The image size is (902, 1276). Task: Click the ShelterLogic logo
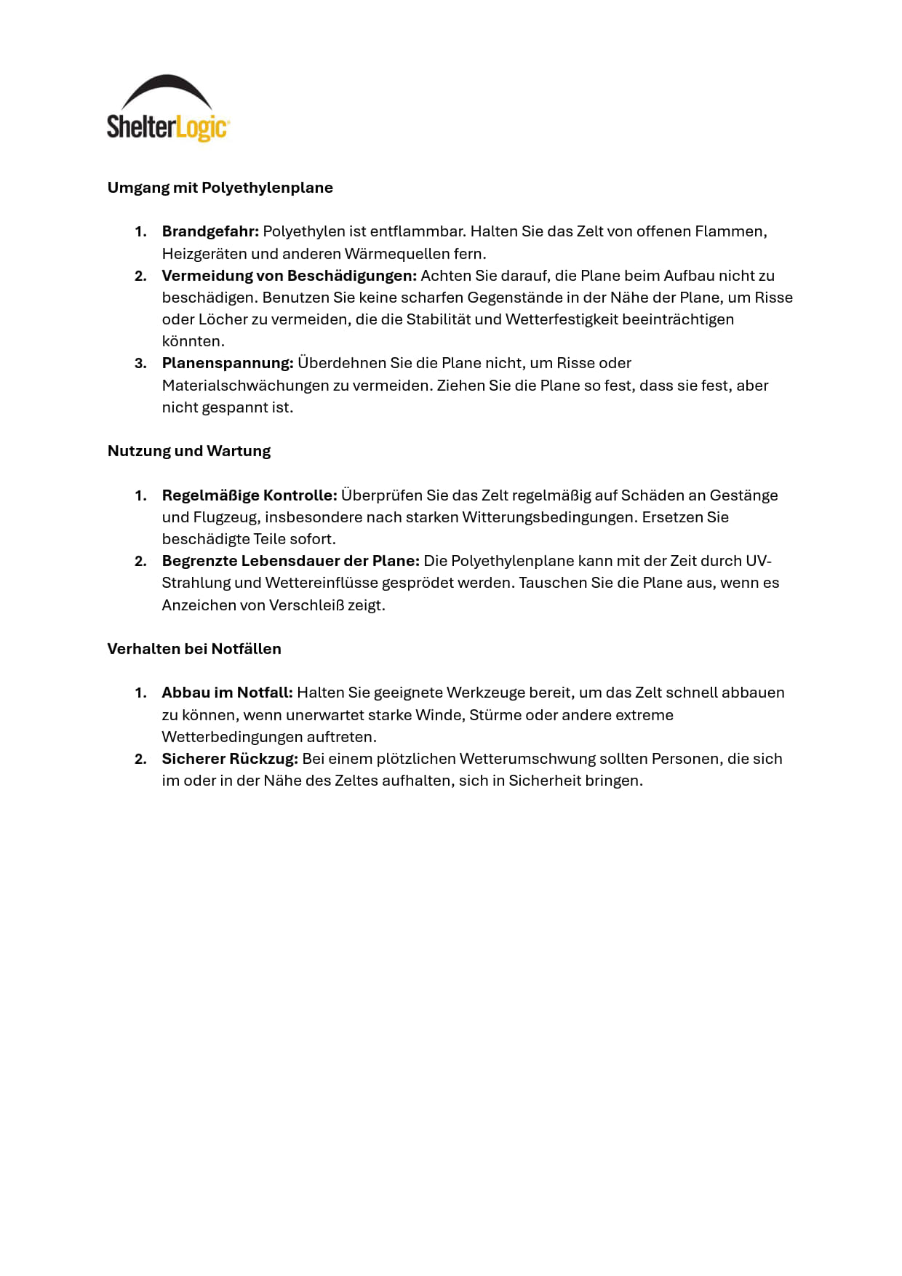point(168,108)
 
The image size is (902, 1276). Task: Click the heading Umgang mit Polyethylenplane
point(220,188)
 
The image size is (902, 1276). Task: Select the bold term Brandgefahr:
point(210,231)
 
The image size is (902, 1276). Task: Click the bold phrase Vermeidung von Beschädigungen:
point(289,276)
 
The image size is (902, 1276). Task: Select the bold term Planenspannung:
point(228,363)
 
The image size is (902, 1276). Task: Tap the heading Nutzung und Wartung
point(189,451)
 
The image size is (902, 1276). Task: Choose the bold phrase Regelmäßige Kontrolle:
point(250,495)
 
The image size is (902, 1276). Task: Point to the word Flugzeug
point(227,517)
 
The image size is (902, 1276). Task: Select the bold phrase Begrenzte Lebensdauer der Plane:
point(290,561)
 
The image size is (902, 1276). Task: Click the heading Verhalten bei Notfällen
point(194,649)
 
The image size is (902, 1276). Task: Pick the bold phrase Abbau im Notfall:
point(227,693)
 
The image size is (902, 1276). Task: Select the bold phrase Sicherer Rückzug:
point(230,759)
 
